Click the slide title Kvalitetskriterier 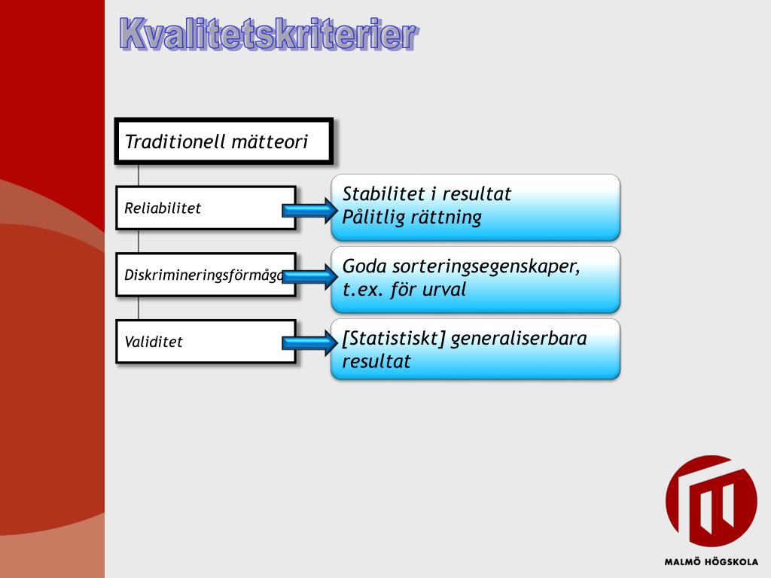pos(267,35)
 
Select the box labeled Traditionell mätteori pos(224,141)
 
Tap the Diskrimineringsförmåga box pos(200,275)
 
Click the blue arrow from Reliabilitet pos(309,211)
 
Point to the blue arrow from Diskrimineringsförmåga pos(309,276)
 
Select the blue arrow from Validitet pos(309,343)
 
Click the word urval pos(443,290)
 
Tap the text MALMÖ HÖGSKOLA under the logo pos(711,561)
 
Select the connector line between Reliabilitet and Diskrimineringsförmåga pos(139,242)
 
